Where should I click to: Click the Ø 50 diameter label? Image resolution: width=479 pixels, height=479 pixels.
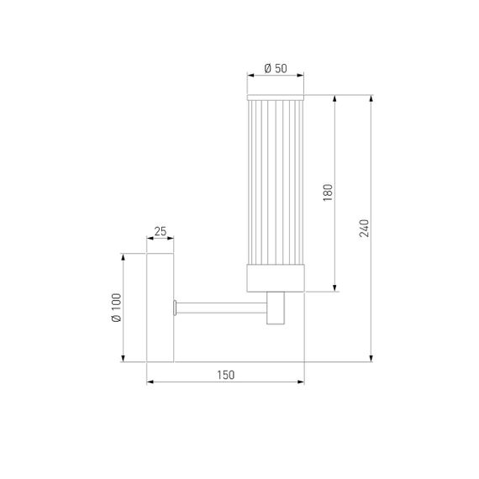(276, 68)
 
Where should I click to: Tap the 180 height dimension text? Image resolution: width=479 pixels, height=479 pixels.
(329, 192)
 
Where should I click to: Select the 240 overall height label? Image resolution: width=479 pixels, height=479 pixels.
(364, 228)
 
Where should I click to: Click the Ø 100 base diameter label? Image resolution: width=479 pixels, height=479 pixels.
(116, 307)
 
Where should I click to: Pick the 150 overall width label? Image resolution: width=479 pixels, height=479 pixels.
(225, 375)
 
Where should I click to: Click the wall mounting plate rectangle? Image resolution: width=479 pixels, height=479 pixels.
(161, 307)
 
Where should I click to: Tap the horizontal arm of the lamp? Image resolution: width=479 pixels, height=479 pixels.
(223, 306)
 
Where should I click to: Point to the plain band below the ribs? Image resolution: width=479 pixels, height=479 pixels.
(276, 278)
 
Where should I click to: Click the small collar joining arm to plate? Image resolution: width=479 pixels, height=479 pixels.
(176, 307)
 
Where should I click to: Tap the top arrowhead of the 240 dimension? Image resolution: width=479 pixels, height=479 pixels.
(372, 96)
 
